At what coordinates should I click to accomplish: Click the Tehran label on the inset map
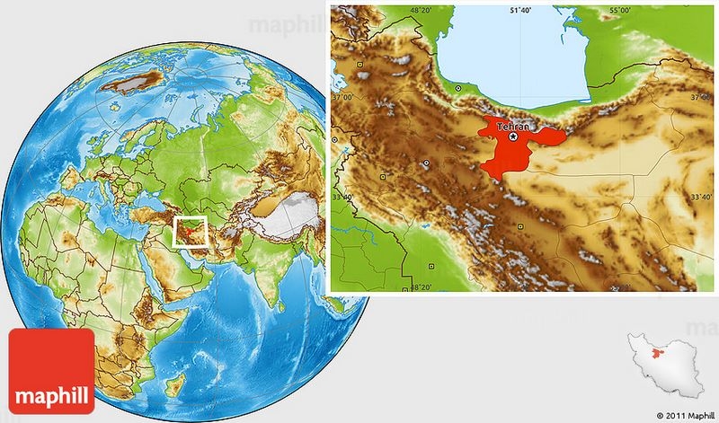[512, 128]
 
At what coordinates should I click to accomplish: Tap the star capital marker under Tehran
[513, 137]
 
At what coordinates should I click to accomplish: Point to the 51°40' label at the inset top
[522, 10]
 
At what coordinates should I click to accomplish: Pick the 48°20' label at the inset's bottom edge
[422, 286]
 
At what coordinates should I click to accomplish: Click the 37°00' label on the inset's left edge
[342, 96]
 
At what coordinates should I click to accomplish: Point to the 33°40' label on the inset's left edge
[342, 196]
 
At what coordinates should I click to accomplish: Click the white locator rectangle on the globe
[191, 232]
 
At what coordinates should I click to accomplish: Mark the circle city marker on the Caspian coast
[458, 88]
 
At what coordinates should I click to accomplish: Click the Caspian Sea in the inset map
[512, 54]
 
